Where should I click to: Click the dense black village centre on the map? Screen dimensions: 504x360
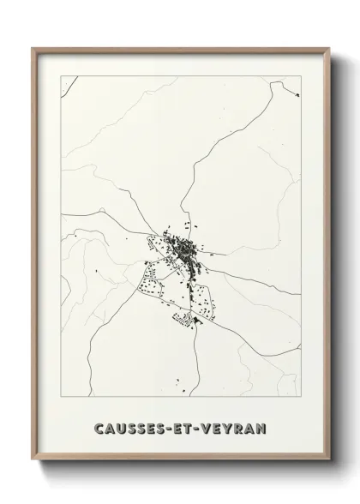point(184,250)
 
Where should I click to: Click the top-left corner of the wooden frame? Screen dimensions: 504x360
point(33,49)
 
